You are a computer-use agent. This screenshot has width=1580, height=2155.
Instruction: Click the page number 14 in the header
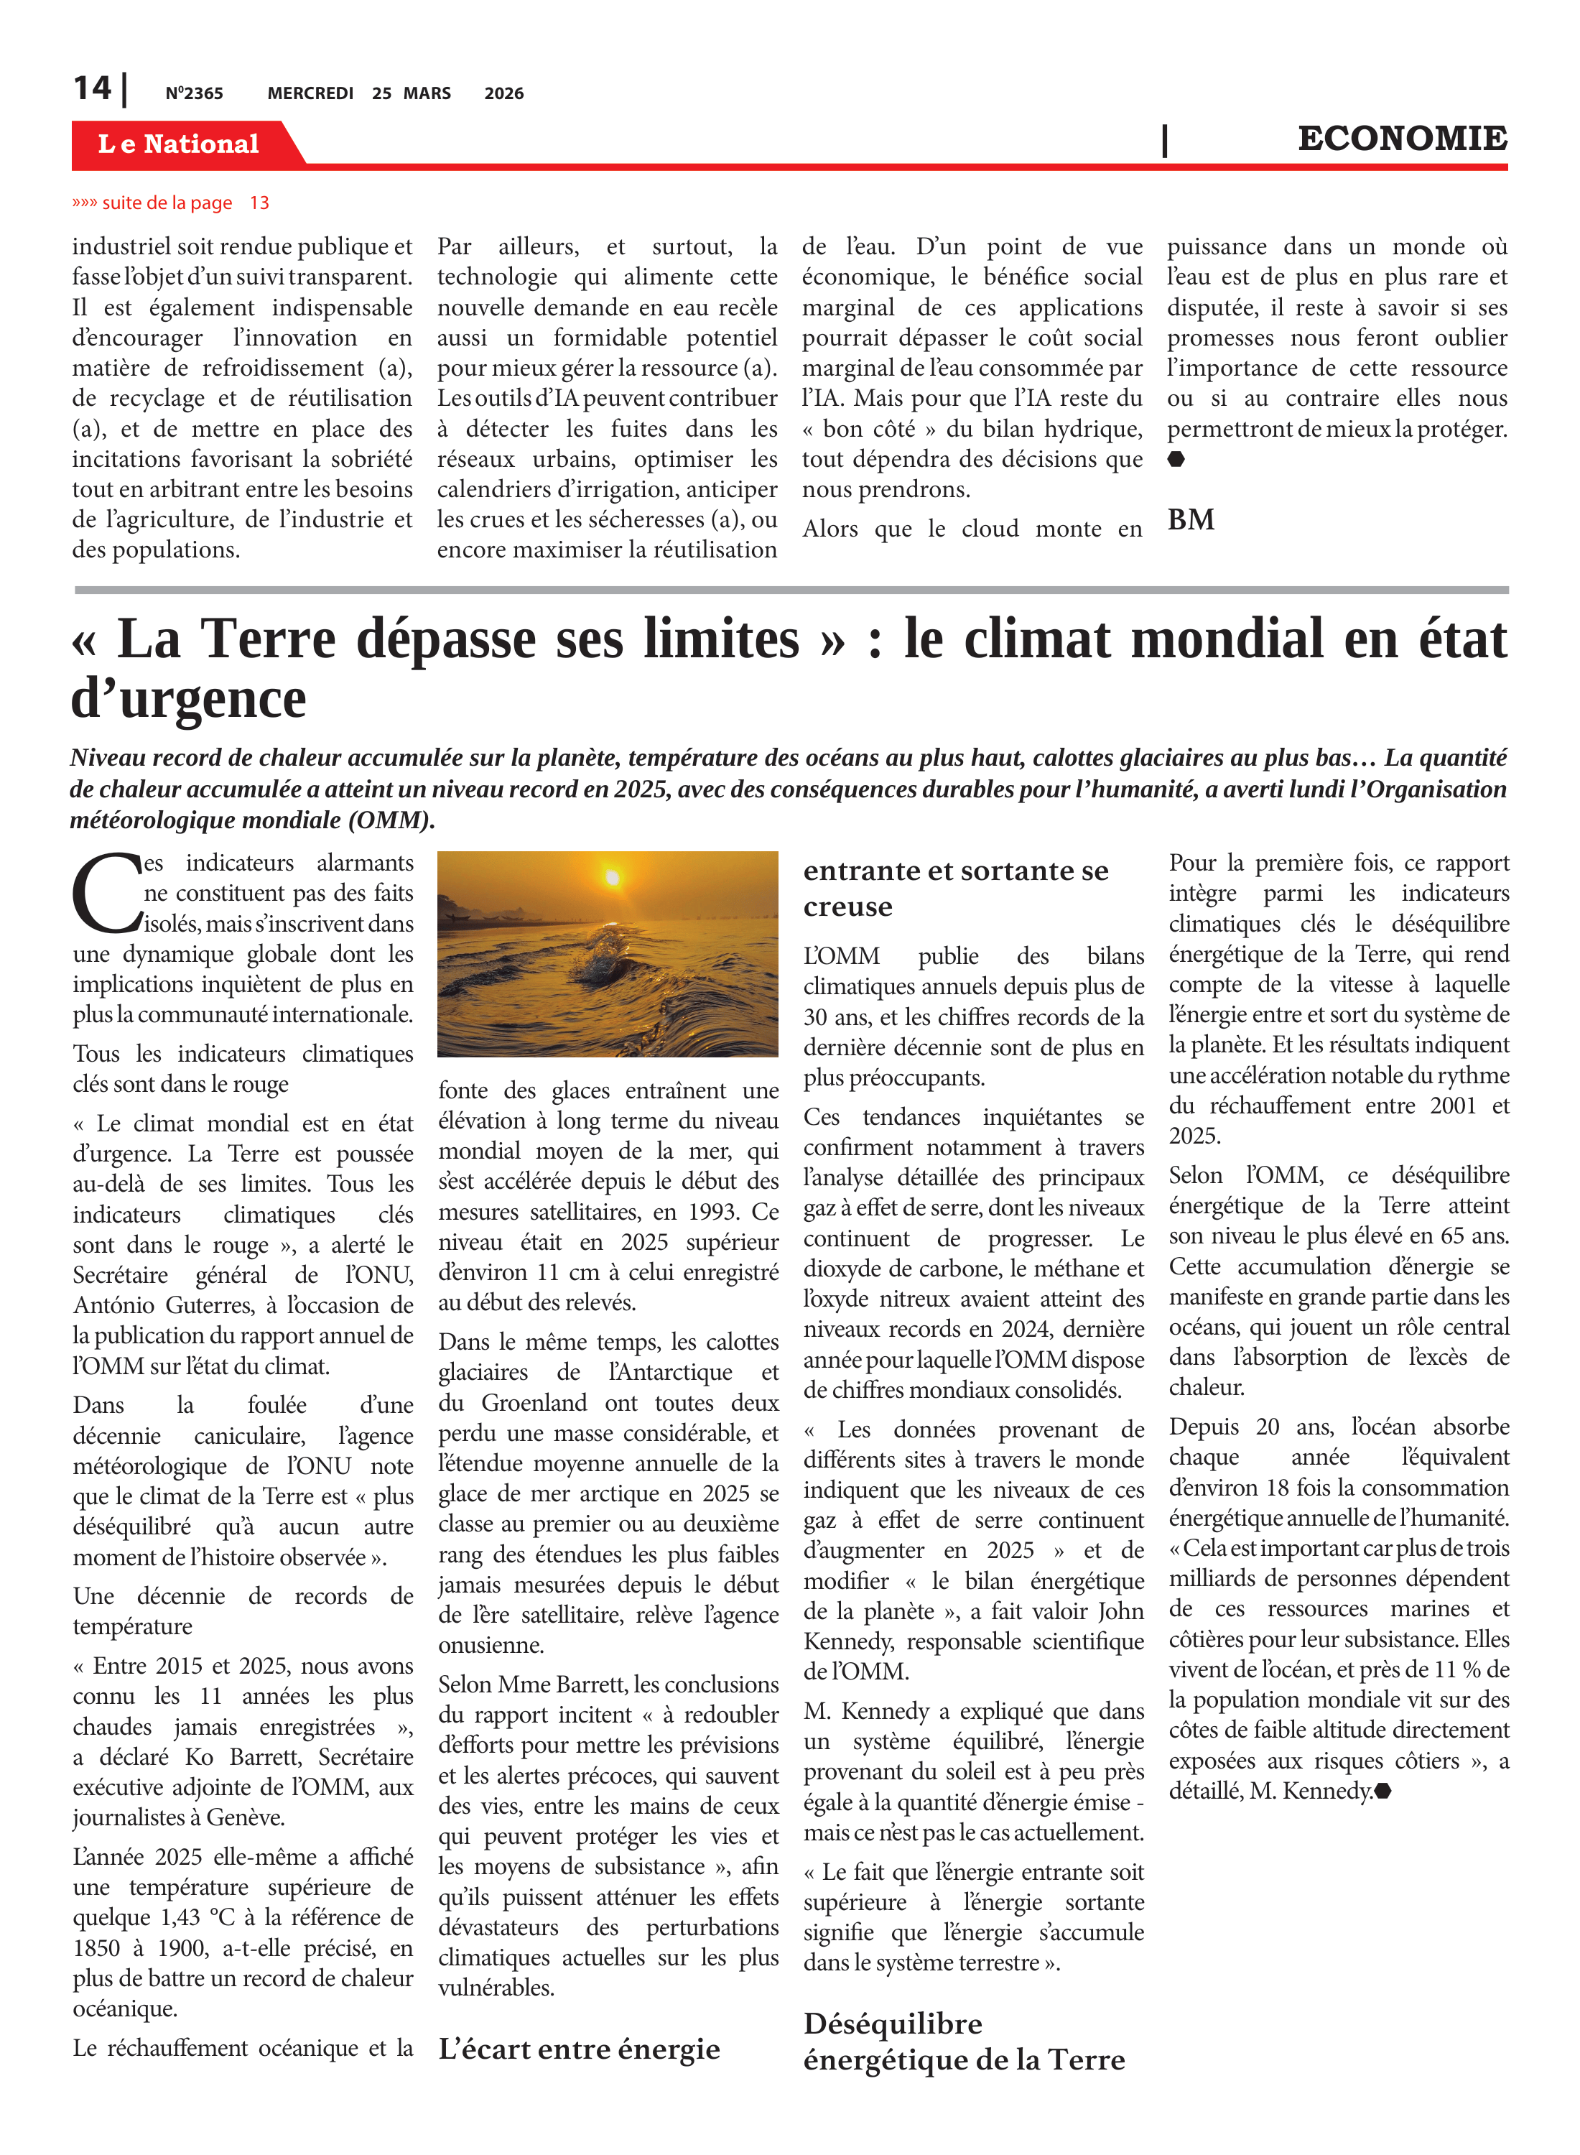(x=92, y=89)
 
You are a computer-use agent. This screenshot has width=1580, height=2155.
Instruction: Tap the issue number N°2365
(x=194, y=93)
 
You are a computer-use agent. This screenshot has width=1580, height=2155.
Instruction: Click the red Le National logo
(x=179, y=144)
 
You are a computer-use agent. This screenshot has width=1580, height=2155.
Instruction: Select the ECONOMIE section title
(x=1401, y=139)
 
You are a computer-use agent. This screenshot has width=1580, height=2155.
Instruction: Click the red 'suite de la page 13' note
(x=170, y=203)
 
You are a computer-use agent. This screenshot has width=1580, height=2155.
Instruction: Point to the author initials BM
(x=1191, y=519)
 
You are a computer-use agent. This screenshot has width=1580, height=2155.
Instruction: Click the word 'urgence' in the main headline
(x=213, y=699)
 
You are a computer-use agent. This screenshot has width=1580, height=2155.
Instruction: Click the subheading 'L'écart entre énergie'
(x=579, y=2048)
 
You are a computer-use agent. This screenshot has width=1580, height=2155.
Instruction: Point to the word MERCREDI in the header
(x=310, y=93)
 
